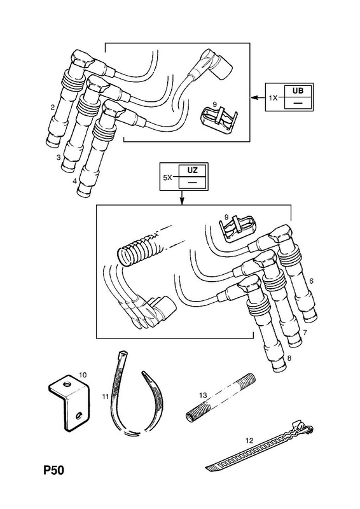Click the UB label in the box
tap(298, 90)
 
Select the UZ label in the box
tap(192, 170)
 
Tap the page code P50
tap(54, 470)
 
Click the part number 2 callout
tap(53, 108)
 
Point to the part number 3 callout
tap(59, 157)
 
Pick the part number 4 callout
tap(74, 181)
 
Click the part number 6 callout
tap(311, 281)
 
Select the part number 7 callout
tap(305, 333)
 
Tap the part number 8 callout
tap(289, 358)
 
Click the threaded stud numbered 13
tap(220, 399)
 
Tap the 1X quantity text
tap(273, 98)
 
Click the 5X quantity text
tap(168, 178)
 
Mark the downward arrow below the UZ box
tap(182, 198)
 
